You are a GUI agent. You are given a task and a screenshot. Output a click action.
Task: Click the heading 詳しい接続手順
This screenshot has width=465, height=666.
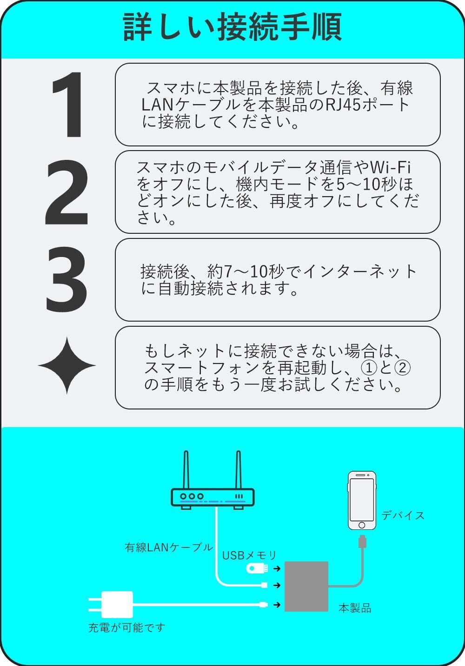pos(232,27)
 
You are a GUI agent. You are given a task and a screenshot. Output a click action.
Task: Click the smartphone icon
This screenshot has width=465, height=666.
pos(362,501)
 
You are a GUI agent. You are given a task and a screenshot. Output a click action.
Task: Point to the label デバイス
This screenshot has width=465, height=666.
pos(403,515)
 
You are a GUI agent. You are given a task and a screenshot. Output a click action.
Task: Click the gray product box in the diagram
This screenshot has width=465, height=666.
pos(306,586)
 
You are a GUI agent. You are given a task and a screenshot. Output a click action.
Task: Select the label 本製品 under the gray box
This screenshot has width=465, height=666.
pos(355,608)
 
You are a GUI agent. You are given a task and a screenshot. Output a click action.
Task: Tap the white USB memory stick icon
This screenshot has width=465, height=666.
pos(257,568)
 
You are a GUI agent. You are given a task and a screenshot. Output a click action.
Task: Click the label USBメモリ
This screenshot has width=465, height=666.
pos(249,555)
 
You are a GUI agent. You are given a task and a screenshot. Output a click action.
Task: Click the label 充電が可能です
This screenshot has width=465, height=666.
pos(126,628)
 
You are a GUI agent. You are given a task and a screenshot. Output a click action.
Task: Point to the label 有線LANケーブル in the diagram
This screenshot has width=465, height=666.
pos(169,547)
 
